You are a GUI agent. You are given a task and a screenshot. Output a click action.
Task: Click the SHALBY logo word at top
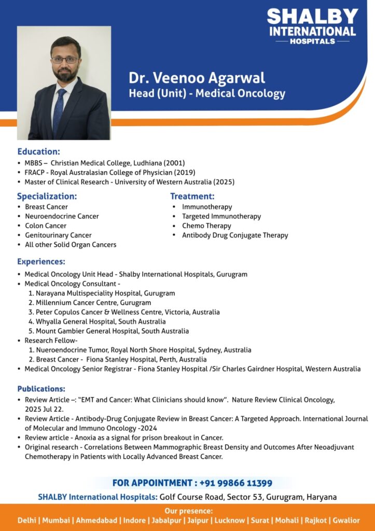click(312, 17)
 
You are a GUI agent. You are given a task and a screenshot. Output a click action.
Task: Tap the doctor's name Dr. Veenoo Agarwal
click(197, 78)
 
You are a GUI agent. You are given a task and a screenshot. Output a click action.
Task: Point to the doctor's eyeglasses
click(65, 60)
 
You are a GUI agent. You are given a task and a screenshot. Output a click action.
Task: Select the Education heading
click(38, 152)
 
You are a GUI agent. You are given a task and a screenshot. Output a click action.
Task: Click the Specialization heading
click(47, 197)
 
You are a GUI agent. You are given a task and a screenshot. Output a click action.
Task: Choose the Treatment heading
click(192, 197)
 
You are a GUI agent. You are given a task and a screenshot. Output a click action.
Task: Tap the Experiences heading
click(41, 262)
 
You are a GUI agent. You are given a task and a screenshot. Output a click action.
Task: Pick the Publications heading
click(41, 389)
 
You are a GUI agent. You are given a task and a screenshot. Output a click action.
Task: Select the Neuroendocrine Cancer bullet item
click(62, 216)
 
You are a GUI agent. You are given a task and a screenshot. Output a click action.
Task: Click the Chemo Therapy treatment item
click(206, 226)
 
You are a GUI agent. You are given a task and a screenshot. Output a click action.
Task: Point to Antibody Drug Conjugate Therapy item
click(235, 235)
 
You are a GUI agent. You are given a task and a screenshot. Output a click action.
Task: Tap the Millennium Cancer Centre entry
click(93, 303)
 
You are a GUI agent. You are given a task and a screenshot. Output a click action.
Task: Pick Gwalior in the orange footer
click(346, 520)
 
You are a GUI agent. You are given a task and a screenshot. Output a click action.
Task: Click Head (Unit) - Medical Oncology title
click(207, 94)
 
